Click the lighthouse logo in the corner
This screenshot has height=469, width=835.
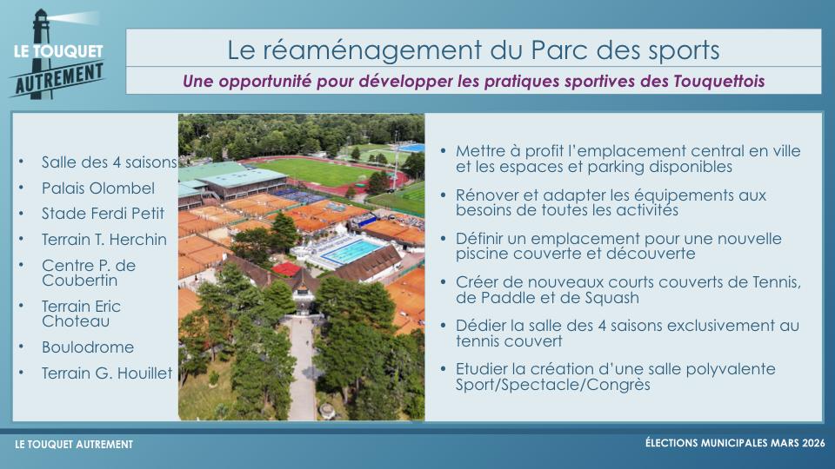57,54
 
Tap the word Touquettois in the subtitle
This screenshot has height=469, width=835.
719,81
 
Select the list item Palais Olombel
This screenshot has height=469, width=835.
98,188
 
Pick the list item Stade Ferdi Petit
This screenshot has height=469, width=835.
103,214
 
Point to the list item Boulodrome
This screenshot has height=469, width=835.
88,347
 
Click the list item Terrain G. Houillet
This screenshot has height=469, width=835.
107,373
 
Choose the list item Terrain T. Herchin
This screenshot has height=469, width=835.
104,240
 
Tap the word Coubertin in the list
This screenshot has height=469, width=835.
79,281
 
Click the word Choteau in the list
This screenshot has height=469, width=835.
76,321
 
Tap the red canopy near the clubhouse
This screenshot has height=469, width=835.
286,268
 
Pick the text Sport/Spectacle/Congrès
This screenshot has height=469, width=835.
553,385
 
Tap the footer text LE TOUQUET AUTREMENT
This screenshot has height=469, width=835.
74,445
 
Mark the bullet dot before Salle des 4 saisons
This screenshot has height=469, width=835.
21,161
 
